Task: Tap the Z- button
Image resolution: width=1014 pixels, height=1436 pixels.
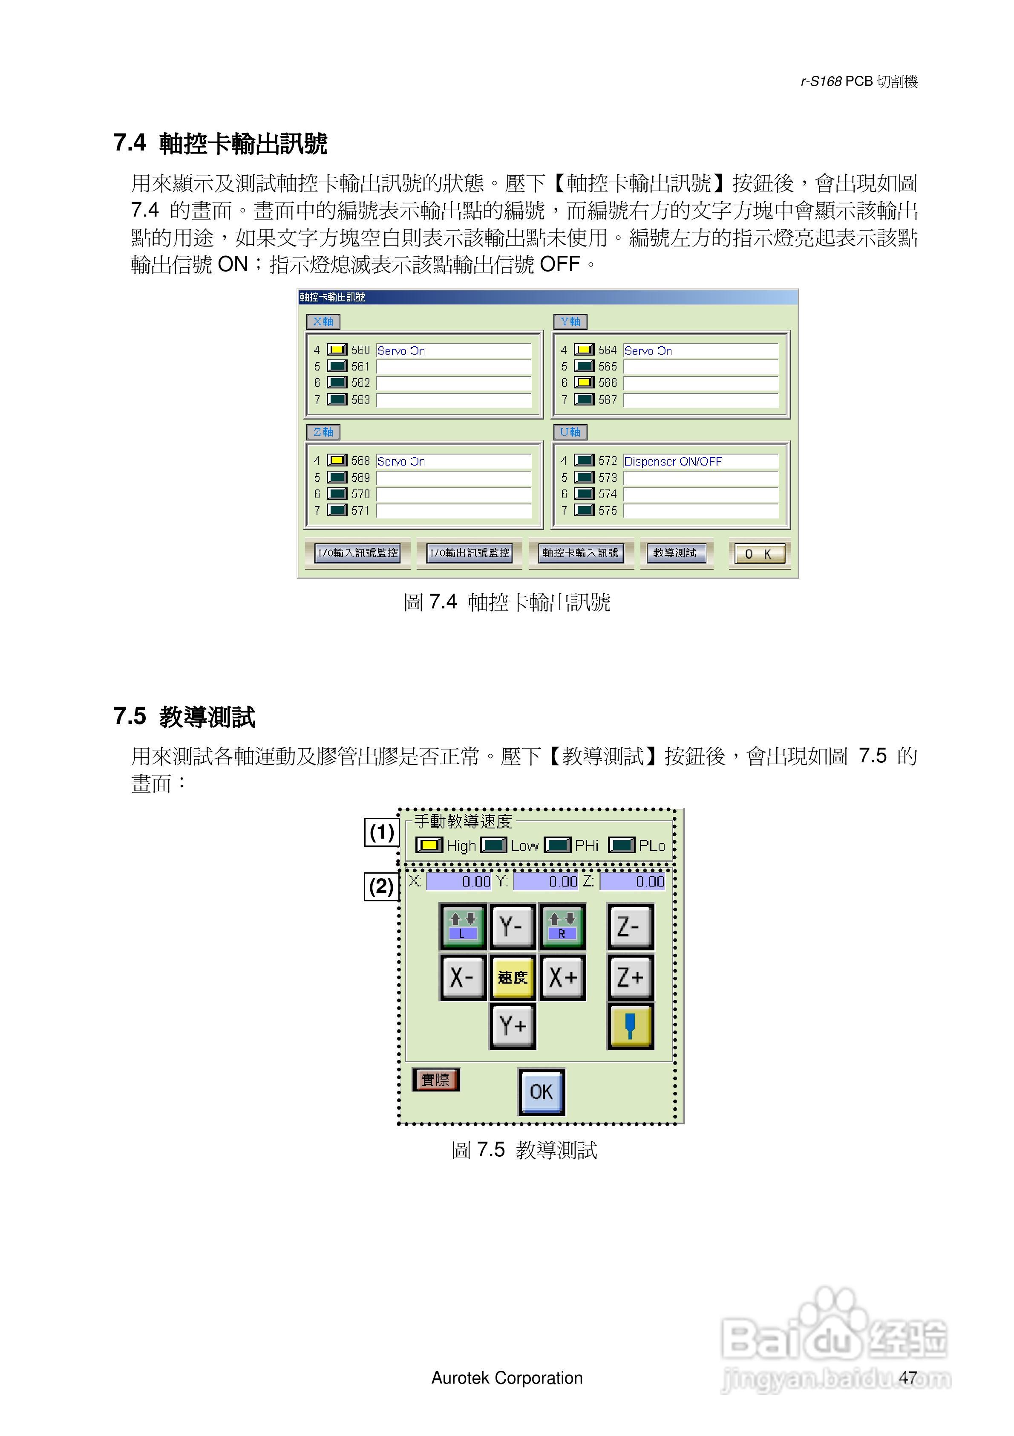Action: (630, 926)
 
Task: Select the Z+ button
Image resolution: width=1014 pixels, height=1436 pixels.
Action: (630, 977)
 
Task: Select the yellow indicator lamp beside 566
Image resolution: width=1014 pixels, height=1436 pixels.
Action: (584, 382)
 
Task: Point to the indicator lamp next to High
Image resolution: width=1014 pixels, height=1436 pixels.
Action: (429, 845)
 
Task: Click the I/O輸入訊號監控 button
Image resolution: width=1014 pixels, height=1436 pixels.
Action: (357, 553)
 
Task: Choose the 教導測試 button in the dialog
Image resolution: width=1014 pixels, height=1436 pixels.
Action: (675, 553)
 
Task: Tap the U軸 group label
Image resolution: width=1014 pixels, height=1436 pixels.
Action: (570, 432)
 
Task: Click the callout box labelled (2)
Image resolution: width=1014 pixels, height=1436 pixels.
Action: (381, 886)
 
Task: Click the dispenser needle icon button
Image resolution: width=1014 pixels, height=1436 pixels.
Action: (630, 1026)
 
